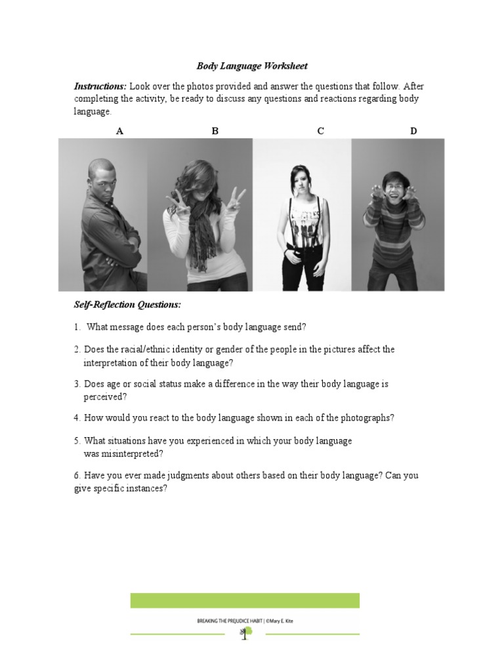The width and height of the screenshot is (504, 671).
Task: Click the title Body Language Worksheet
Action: coord(252,66)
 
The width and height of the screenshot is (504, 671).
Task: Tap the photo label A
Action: coord(119,131)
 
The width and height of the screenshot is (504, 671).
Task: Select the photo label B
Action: coord(215,131)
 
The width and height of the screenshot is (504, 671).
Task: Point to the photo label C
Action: coord(321,131)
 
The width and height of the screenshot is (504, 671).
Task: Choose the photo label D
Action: coord(413,131)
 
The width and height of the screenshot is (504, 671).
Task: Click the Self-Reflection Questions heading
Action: coord(127,305)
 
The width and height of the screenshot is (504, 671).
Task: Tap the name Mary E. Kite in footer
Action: coord(280,620)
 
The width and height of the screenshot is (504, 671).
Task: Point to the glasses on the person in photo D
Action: coord(394,185)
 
